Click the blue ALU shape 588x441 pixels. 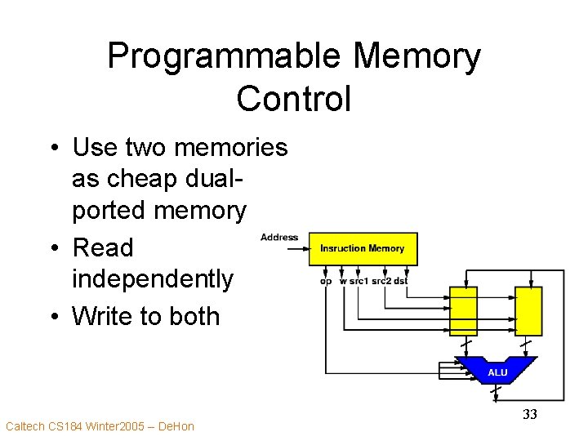point(497,371)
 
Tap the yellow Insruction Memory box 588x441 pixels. point(363,248)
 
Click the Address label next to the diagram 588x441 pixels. point(279,238)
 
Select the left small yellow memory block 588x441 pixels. point(463,310)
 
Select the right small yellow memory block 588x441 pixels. point(528,310)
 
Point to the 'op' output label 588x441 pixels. point(326,281)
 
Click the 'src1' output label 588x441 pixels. point(358,281)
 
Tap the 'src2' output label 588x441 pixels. point(381,281)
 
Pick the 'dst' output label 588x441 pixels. point(400,281)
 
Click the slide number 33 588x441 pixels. point(529,415)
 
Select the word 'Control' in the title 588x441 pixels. point(293,99)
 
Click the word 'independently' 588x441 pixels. point(153,279)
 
